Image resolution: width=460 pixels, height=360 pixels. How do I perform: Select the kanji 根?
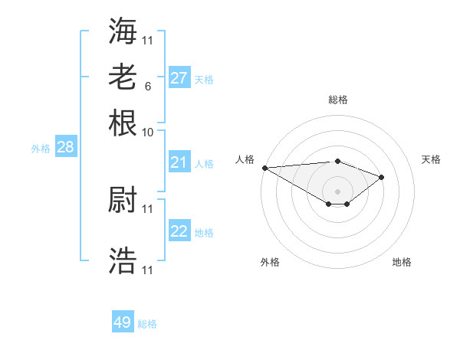123,122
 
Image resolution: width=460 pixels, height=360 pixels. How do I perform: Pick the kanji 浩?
123,260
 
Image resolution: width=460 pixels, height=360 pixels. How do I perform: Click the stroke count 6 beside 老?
147,86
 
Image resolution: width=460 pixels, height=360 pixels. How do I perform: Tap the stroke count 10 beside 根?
148,132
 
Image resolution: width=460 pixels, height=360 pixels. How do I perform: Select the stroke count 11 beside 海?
148,40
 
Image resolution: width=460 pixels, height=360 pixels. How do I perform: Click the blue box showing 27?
179,78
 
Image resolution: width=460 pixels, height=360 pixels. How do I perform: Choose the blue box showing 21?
179,162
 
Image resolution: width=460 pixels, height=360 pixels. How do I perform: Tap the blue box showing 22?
179,231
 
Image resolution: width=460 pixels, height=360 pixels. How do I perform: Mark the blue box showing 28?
66,147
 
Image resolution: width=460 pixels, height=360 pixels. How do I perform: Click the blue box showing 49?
123,322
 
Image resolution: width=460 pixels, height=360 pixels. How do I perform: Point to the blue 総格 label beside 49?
147,324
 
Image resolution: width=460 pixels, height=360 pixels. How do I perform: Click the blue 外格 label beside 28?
41,149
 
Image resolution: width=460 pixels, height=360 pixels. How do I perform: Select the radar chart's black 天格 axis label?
431,159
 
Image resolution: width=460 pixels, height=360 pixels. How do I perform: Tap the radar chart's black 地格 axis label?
402,262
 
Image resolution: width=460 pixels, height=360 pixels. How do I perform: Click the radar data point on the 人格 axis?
264,168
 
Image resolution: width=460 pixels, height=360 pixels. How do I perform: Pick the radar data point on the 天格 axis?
381,177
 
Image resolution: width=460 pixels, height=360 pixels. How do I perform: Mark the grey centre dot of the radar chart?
337,191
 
